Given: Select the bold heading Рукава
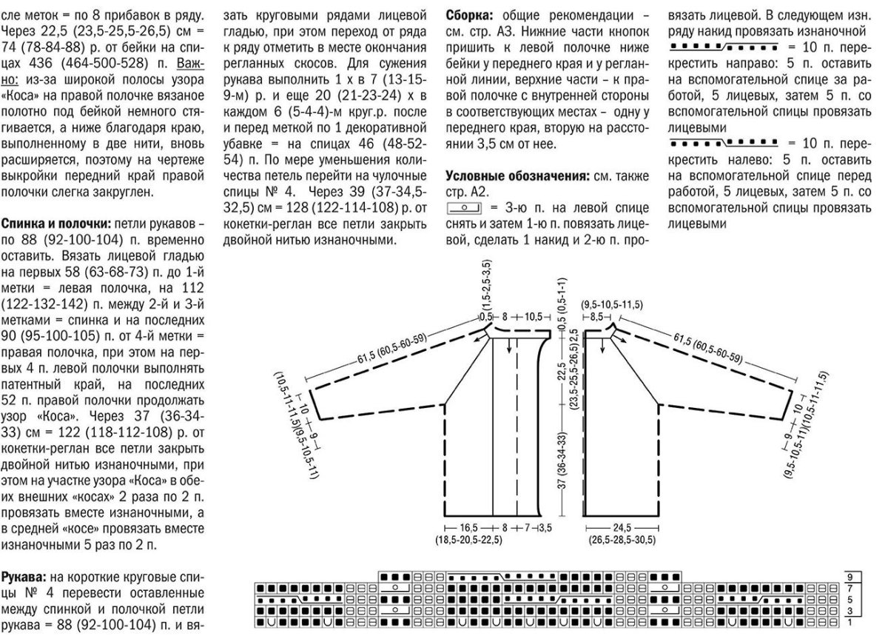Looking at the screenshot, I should (x=29, y=577).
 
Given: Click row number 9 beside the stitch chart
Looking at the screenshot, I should (x=852, y=576).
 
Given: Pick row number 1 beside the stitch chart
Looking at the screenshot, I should (x=852, y=623).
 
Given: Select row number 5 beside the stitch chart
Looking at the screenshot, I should (x=852, y=599).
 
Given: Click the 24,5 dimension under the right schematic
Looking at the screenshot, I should (x=620, y=528).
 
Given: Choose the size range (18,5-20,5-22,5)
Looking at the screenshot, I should (x=469, y=541).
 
